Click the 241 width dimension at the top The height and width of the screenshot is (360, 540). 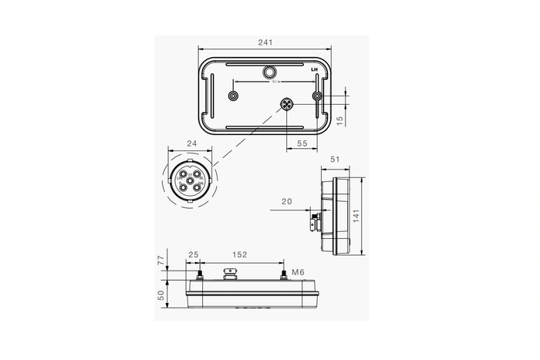coord(267,42)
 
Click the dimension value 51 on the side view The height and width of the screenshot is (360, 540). coord(335,160)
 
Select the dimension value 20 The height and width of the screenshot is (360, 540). coord(288,202)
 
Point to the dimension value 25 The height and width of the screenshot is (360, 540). coord(193,254)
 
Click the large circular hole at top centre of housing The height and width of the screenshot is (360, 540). coord(268,72)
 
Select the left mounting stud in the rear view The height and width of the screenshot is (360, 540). coord(234,96)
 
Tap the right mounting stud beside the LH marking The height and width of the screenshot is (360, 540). coord(317,96)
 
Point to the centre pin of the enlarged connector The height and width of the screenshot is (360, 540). coord(189,180)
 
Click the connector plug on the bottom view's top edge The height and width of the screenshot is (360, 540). coord(228,273)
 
